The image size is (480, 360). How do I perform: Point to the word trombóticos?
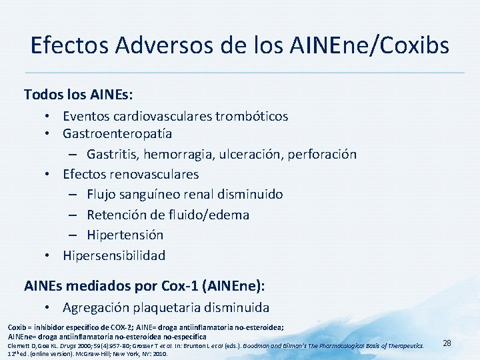pos(252,116)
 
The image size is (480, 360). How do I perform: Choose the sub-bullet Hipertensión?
pos(125,235)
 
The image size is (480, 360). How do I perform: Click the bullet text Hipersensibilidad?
pos(114,255)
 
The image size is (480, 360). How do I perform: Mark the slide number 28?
pos(447,343)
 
